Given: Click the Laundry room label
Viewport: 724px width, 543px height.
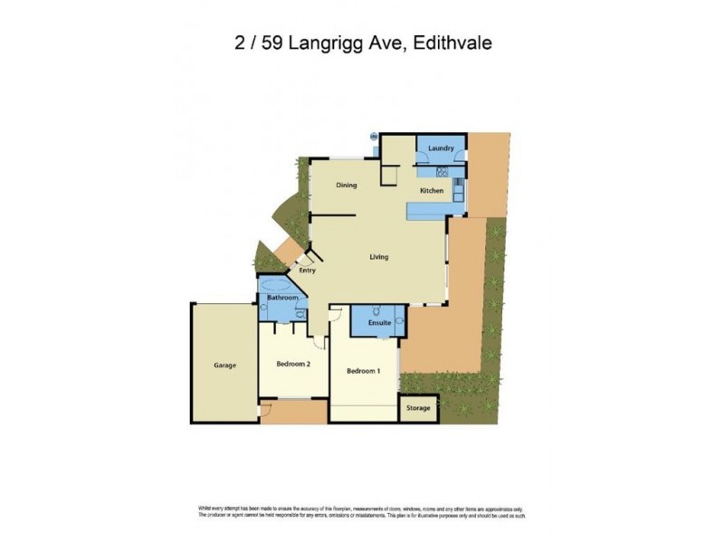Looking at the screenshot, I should coord(441,148).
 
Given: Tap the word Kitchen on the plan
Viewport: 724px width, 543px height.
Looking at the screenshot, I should coord(431,191).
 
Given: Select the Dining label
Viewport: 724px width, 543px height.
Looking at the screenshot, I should coord(346,186).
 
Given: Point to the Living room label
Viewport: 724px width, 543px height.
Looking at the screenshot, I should coord(378,257).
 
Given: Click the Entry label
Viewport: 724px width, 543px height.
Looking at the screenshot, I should coord(308,270).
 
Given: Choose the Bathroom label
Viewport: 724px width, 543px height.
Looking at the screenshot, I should coord(282,297).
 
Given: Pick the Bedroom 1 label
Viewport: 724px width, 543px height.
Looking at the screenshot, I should coord(364,371).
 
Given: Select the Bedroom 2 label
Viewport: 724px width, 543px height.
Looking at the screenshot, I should coord(293,365).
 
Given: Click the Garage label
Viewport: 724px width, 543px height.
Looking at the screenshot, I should coord(224,366).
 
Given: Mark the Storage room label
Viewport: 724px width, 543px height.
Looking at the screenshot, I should coord(417,408).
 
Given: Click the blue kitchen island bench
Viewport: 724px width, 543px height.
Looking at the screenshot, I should coord(435,211).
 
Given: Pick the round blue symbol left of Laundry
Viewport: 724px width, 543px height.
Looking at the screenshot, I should coord(373,137).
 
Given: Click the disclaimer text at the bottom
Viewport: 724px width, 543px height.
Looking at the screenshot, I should coord(362,511).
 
